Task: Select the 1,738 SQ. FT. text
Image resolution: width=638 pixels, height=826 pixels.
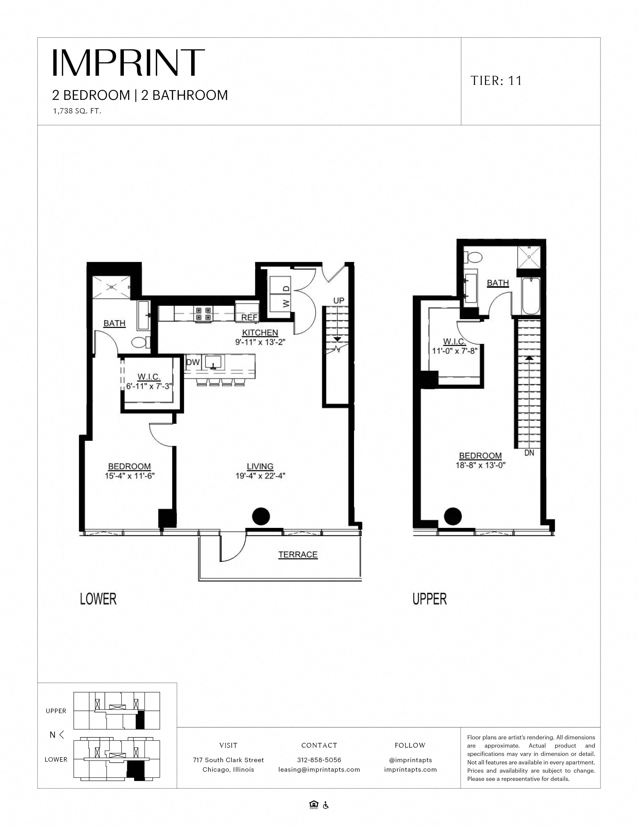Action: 77,112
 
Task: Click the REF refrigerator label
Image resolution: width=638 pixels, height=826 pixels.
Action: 249,318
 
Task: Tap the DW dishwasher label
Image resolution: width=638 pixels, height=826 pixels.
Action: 193,362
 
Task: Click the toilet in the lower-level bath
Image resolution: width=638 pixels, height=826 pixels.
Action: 139,343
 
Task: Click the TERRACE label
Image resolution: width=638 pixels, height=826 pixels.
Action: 298,555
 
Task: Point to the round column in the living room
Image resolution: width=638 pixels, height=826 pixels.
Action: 261,516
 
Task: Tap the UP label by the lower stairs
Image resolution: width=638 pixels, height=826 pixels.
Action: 339,301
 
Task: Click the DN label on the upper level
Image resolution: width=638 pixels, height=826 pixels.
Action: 529,453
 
